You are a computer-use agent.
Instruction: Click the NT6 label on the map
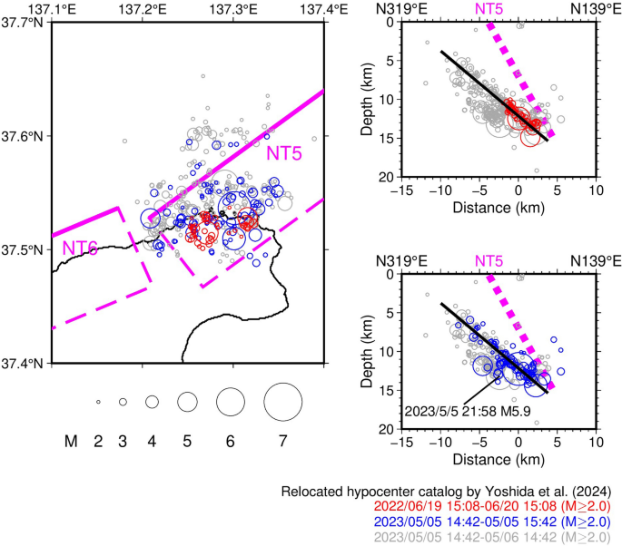(80, 248)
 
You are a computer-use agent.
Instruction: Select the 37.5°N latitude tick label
(25, 250)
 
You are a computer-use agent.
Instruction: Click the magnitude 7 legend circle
(282, 401)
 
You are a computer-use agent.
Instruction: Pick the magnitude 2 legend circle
(97, 402)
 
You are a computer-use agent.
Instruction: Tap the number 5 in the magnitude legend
(187, 442)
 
